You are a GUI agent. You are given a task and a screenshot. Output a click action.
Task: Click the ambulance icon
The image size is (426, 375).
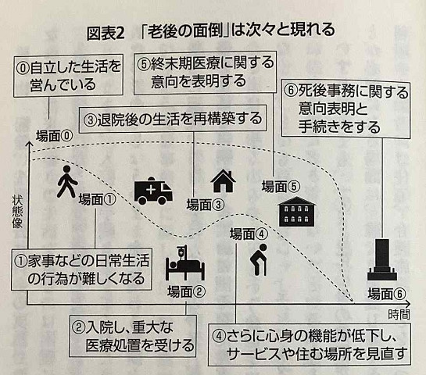153,191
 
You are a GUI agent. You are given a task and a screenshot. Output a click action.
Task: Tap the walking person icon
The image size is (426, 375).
67,181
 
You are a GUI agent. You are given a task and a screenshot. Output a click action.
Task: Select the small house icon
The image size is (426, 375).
223,180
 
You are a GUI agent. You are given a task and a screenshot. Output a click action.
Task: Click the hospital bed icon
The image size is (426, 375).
184,262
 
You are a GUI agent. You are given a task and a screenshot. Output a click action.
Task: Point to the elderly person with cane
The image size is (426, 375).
258,260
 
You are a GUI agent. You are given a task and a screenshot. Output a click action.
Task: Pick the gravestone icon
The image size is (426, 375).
381,260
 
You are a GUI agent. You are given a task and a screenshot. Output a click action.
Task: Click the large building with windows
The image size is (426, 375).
296,212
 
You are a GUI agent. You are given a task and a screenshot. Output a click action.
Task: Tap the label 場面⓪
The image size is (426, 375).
55,136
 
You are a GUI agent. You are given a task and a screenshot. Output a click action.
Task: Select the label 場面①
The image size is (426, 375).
97,199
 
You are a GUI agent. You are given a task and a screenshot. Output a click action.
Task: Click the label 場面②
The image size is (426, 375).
186,292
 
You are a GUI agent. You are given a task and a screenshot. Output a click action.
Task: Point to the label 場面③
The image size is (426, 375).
206,205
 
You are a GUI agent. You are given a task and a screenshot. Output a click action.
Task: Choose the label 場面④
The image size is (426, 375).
249,234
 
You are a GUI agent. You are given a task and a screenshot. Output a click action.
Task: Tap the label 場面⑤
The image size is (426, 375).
281,187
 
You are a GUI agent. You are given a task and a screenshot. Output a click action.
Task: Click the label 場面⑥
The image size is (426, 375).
387,294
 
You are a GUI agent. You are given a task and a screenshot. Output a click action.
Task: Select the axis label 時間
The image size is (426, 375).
399,315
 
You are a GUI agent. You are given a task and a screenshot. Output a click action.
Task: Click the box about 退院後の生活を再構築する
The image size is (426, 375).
173,120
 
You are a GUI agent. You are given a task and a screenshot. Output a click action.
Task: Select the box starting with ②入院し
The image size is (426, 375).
133,336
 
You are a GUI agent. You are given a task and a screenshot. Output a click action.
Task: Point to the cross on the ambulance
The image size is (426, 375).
151,190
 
